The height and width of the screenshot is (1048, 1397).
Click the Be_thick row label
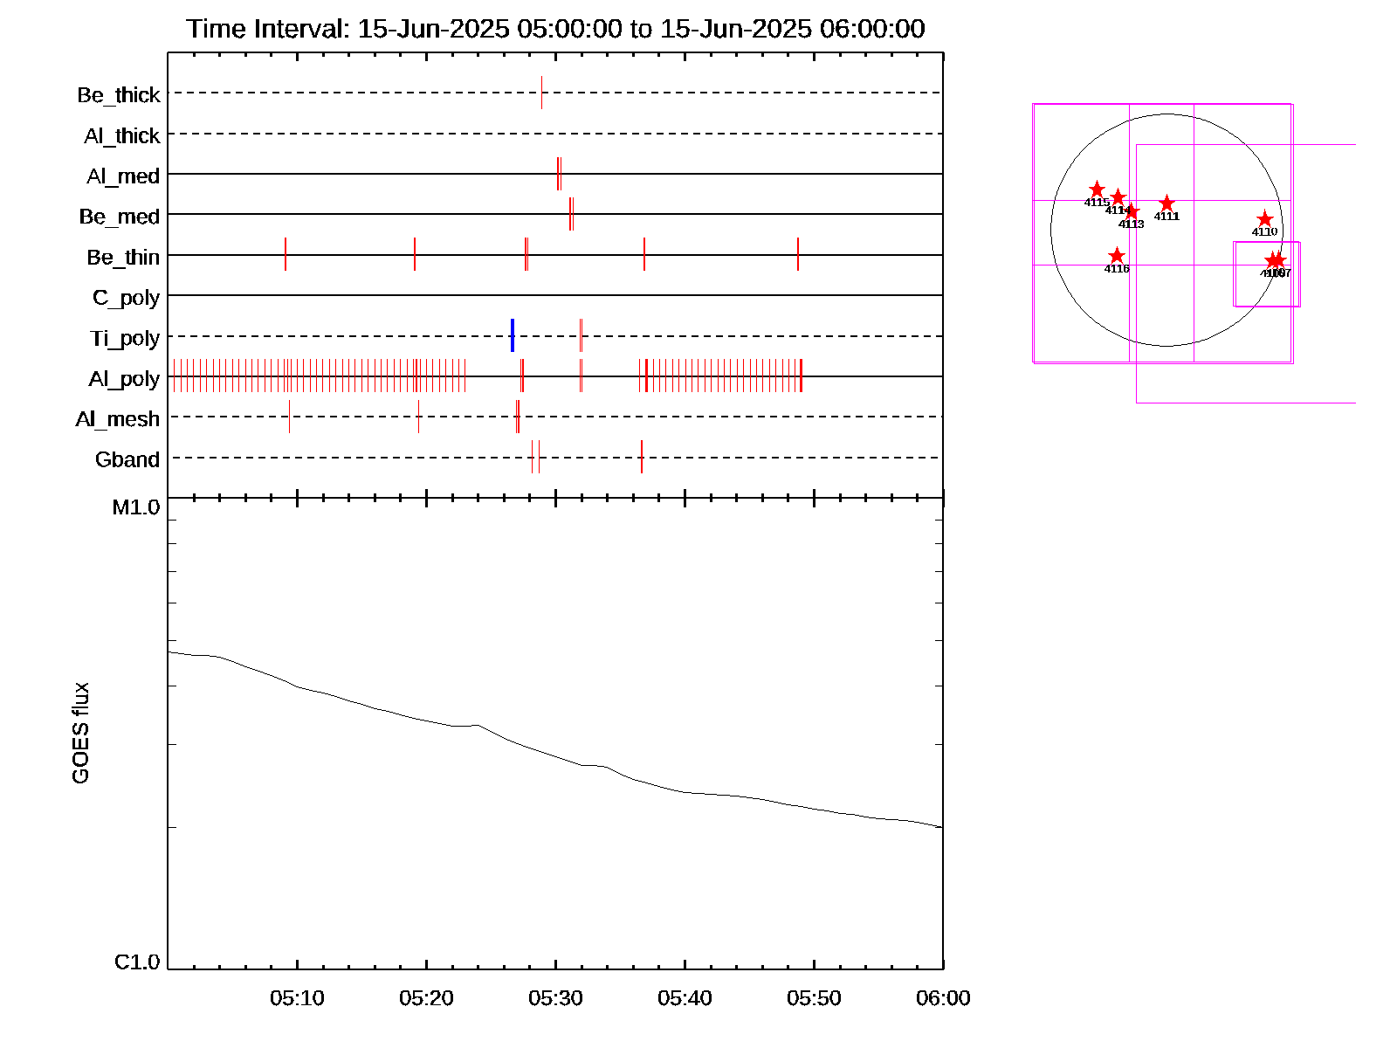click(119, 94)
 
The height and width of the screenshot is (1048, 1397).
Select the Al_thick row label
click(121, 135)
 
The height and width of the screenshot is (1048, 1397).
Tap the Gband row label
click(127, 459)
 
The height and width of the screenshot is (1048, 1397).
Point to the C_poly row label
click(126, 298)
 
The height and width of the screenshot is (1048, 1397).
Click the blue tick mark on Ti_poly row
click(513, 335)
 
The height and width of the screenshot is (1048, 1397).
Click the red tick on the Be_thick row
click(541, 93)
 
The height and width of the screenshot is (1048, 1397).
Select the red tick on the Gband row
click(642, 457)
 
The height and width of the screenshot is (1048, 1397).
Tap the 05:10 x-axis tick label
click(297, 998)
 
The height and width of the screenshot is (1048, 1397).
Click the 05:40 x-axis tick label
click(685, 998)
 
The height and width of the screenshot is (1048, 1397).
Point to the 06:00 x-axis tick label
click(943, 998)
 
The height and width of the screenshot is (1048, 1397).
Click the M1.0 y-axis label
click(136, 507)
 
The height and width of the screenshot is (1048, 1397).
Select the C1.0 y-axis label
click(137, 962)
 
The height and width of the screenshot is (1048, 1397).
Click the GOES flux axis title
click(80, 734)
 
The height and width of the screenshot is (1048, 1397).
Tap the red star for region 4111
click(1166, 203)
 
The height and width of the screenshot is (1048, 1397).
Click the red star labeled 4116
click(1117, 256)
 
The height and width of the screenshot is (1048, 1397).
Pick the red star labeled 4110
click(1264, 219)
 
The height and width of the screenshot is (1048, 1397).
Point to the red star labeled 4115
click(1097, 190)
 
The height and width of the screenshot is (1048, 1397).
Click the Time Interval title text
click(555, 29)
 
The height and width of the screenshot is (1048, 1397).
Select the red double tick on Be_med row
click(571, 214)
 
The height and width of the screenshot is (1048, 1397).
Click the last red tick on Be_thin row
click(798, 254)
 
